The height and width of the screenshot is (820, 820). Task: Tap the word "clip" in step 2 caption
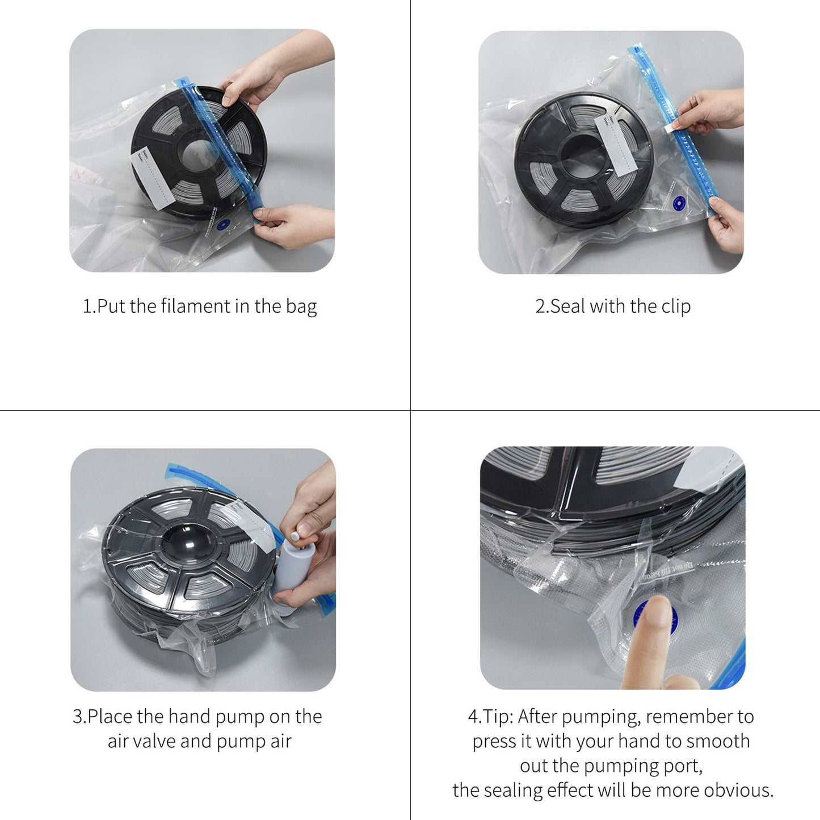tap(676, 306)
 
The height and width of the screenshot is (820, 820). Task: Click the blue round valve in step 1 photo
tap(223, 224)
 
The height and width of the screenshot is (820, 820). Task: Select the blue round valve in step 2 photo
tap(678, 203)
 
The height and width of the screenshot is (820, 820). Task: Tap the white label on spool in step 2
tap(616, 145)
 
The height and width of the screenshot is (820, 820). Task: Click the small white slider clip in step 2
tap(671, 127)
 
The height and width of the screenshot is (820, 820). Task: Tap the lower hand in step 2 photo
tap(726, 224)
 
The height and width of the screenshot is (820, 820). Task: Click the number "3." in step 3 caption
tap(79, 717)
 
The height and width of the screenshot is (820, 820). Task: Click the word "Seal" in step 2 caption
tap(567, 306)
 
